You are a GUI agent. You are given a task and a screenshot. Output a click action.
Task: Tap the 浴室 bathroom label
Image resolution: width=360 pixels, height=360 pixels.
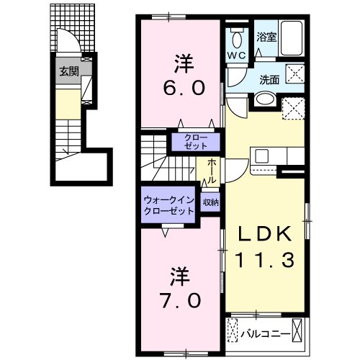point(266,36)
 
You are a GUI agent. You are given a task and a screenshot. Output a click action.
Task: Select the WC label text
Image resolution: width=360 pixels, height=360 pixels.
point(236,54)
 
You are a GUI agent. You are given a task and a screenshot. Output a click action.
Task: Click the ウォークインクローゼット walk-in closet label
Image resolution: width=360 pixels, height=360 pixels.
point(168,207)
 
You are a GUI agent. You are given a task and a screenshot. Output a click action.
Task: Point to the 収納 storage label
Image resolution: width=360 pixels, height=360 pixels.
point(210,203)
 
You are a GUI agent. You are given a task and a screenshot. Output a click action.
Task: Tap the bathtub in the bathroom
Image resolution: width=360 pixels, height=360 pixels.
point(292,35)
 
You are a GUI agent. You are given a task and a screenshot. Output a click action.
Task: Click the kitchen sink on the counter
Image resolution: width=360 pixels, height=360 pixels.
point(261,156)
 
